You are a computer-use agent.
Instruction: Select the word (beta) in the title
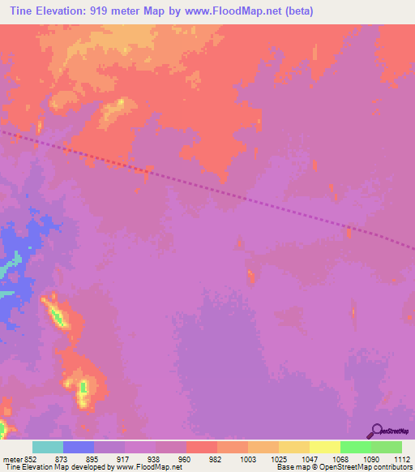pyautogui.click(x=297, y=11)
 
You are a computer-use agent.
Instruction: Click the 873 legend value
pyautogui.click(x=62, y=459)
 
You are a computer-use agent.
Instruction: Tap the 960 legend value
pyautogui.click(x=185, y=459)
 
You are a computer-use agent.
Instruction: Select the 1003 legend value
pyautogui.click(x=246, y=459)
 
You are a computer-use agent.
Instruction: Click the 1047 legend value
pyautogui.click(x=309, y=459)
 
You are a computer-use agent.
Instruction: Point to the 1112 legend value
pyautogui.click(x=401, y=459)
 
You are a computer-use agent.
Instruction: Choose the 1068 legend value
pyautogui.click(x=340, y=459)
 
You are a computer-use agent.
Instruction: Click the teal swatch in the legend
pyautogui.click(x=47, y=447)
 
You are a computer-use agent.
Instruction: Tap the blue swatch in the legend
pyautogui.click(x=79, y=447)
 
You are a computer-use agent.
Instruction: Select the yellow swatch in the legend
pyautogui.click(x=324, y=447)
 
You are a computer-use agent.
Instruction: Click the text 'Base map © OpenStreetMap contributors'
pyautogui.click(x=342, y=468)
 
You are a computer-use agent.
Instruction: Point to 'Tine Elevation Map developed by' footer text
pyautogui.click(x=52, y=468)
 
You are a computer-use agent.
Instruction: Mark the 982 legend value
pyautogui.click(x=216, y=459)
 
